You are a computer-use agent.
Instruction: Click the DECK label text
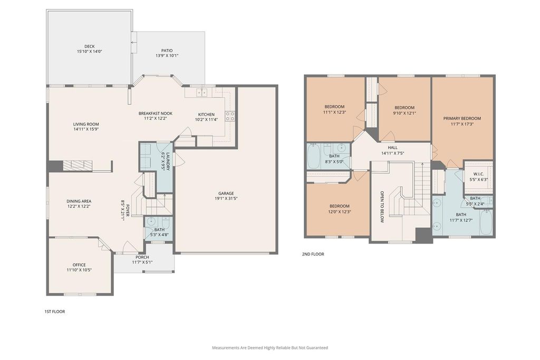[x=90, y=46]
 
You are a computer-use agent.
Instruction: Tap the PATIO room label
[x=167, y=51]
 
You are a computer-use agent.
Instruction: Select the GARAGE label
[x=226, y=193]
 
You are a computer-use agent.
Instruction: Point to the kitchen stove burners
[x=230, y=116]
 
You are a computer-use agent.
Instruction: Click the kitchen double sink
[x=202, y=92]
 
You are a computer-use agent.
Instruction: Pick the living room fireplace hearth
[x=78, y=166]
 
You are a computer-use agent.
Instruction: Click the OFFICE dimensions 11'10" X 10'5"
[x=79, y=270]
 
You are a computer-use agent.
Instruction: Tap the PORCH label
[x=142, y=257]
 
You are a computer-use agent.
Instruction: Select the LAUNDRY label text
[x=168, y=161]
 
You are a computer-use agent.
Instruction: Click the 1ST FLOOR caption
[x=55, y=312]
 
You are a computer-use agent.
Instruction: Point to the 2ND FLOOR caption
[x=313, y=254]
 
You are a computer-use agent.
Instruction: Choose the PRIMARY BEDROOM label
[x=462, y=119]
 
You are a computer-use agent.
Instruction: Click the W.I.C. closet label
[x=479, y=174]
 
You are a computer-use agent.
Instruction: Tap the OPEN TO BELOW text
[x=382, y=207]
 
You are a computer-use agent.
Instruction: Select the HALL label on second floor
[x=392, y=148]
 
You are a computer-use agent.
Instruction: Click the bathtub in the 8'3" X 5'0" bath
[x=314, y=156]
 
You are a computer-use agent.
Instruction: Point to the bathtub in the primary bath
[x=486, y=222]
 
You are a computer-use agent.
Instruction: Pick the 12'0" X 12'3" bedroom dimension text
[x=339, y=212]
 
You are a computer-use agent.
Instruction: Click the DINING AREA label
[x=79, y=201]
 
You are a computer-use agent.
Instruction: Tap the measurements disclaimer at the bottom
[x=270, y=347]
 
